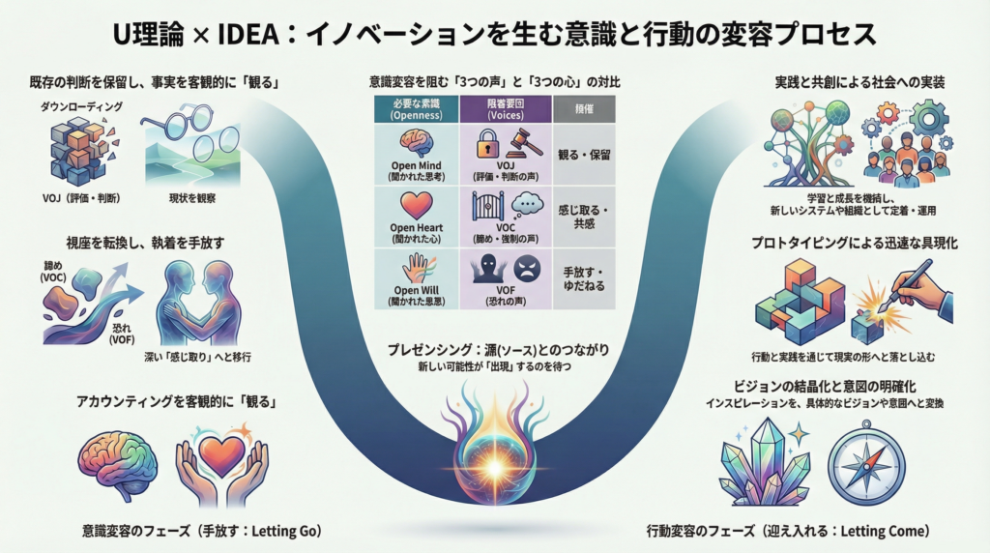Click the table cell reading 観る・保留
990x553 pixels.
pos(584,155)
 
